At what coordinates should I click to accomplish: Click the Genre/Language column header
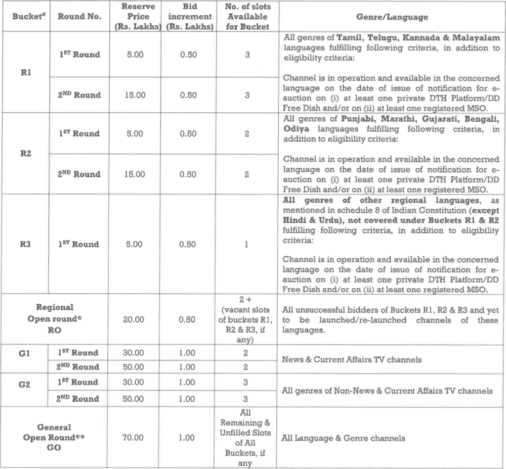click(392, 17)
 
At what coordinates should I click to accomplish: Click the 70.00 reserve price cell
click(134, 438)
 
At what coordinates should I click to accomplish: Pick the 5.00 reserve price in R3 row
click(134, 244)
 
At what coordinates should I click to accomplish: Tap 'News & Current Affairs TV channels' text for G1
click(352, 360)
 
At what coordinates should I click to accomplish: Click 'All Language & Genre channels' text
click(343, 438)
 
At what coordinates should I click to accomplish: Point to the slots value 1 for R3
click(247, 244)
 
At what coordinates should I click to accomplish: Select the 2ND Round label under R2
click(79, 174)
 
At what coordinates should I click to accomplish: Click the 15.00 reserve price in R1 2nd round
click(134, 95)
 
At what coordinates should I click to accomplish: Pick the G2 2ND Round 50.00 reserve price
click(134, 399)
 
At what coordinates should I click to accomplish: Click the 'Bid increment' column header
click(190, 17)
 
